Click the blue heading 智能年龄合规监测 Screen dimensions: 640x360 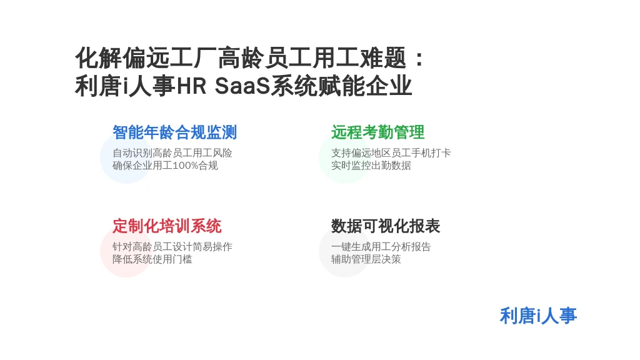[x=175, y=132]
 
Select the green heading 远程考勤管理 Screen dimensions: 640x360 [x=378, y=132]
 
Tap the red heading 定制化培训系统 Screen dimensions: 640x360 [x=167, y=226]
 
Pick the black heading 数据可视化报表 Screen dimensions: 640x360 [x=386, y=226]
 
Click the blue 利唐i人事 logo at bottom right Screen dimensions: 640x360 [x=538, y=316]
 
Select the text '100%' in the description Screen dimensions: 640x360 [x=185, y=166]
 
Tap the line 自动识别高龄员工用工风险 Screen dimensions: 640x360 [x=172, y=153]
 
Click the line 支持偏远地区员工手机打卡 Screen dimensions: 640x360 [x=391, y=153]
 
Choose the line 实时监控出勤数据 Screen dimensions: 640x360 [x=371, y=166]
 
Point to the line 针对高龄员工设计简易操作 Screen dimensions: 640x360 [x=172, y=247]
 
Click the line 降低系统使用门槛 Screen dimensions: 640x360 [x=152, y=259]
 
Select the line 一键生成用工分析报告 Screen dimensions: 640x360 [x=381, y=247]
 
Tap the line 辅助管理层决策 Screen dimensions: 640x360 [x=366, y=259]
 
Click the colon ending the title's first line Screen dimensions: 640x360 [x=419, y=58]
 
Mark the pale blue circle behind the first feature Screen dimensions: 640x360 [x=126, y=157]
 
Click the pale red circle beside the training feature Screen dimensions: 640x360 [x=126, y=251]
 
